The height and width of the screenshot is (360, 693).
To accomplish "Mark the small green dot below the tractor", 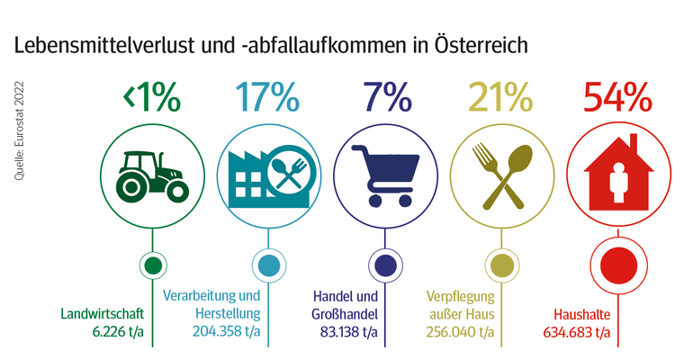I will (x=152, y=265).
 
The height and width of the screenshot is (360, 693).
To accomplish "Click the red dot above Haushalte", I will (x=617, y=265).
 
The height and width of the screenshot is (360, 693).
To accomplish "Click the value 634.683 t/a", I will (x=577, y=333).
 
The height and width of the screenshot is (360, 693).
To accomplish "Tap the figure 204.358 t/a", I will (x=226, y=333).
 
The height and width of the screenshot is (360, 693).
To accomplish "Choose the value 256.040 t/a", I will (x=461, y=333).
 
